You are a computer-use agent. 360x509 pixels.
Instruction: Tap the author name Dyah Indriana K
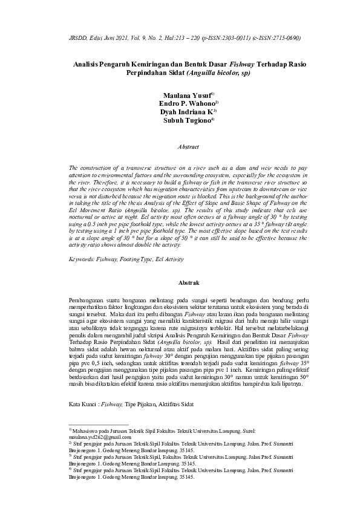tap(186, 112)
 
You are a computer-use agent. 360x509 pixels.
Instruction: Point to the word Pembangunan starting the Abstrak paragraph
tap(88, 300)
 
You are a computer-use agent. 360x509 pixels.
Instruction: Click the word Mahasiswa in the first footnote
tap(88, 430)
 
